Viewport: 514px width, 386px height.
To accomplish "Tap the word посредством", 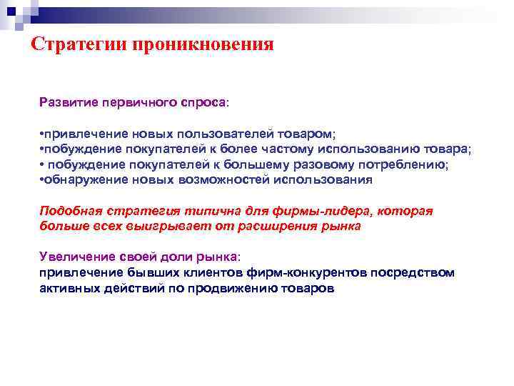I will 418,272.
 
